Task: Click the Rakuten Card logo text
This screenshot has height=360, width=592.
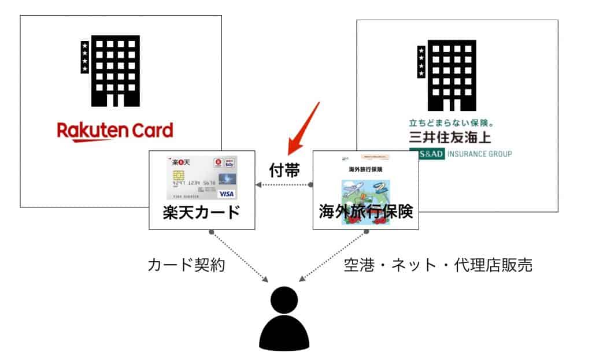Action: pos(115,131)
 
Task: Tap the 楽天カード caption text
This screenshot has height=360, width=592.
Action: pos(202,212)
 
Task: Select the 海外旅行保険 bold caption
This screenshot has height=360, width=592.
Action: pos(365,212)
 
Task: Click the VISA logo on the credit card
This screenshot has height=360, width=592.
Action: pos(227,194)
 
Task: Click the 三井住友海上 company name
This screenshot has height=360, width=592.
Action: pos(454,139)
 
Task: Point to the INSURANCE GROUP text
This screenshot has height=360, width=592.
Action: pos(479,154)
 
